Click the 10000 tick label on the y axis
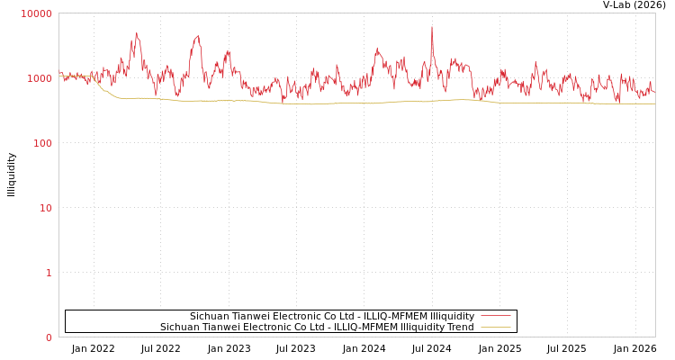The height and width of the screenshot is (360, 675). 36,13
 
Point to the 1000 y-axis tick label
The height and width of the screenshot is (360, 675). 39,78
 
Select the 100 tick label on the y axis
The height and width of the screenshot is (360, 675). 41,143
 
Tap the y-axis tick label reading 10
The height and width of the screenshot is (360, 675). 45,208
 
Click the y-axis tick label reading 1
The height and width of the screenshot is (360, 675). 49,273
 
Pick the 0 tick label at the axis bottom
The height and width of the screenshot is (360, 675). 49,337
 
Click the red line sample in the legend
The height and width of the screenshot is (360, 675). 495,316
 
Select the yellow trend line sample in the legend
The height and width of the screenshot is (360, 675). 495,327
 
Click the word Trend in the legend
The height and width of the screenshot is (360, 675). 460,327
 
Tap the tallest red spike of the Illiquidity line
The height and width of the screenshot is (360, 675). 432,27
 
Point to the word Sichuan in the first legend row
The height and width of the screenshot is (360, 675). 208,316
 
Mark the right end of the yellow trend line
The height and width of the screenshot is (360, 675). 654,103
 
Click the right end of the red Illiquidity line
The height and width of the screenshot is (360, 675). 654,92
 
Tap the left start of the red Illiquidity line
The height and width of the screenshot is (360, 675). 59,74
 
